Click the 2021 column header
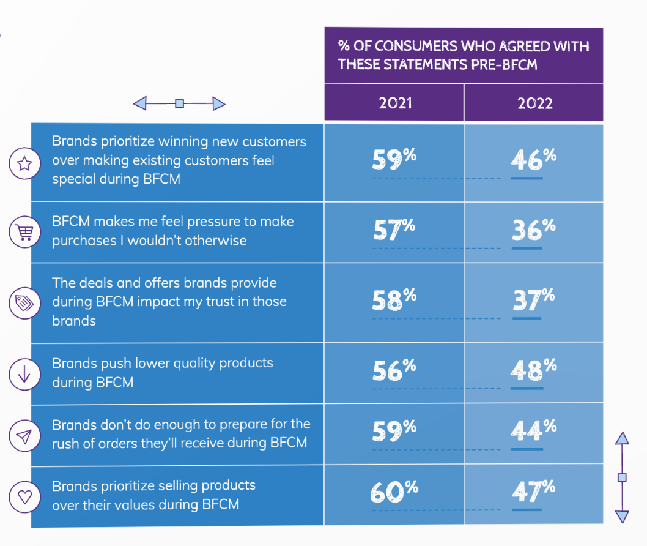pyautogui.click(x=395, y=103)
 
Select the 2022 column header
pyautogui.click(x=534, y=103)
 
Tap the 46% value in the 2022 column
pyautogui.click(x=533, y=159)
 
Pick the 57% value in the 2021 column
pyautogui.click(x=394, y=230)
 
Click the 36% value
pyautogui.click(x=533, y=230)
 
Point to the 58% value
pyautogui.click(x=394, y=300)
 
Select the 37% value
pyautogui.click(x=533, y=300)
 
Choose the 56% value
pyautogui.click(x=394, y=370)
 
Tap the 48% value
pyautogui.click(x=533, y=370)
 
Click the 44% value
pyautogui.click(x=533, y=431)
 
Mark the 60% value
pyautogui.click(x=394, y=492)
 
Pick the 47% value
pyautogui.click(x=533, y=492)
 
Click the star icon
pyautogui.click(x=24, y=163)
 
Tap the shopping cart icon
pyautogui.click(x=24, y=232)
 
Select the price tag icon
pyautogui.click(x=24, y=303)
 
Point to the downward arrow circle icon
pyautogui.click(x=24, y=374)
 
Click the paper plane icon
pyautogui.click(x=24, y=436)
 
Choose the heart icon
pyautogui.click(x=24, y=496)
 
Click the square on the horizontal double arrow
pyautogui.click(x=180, y=103)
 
